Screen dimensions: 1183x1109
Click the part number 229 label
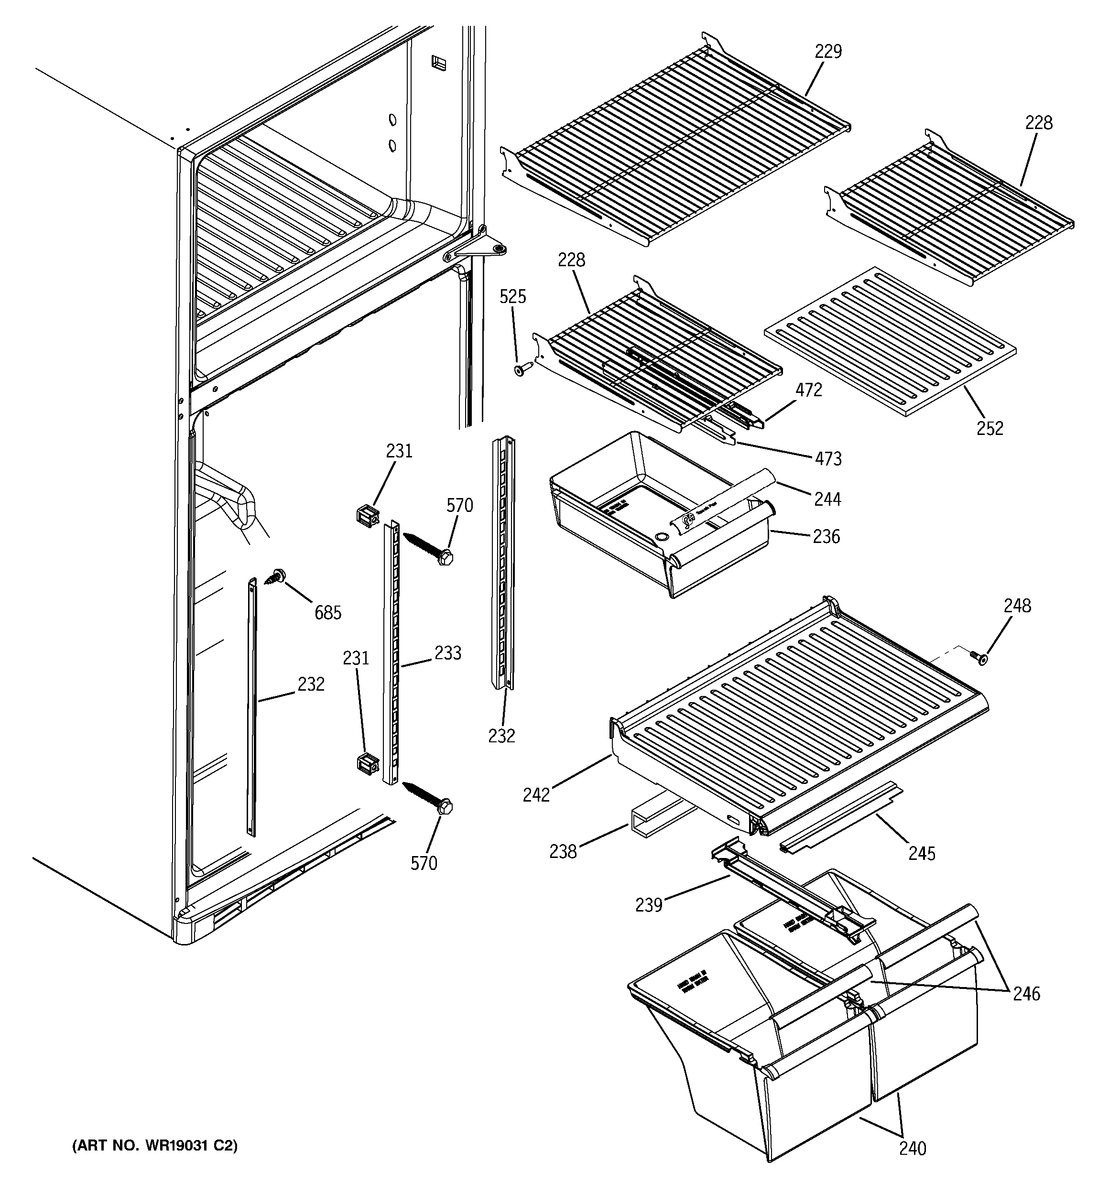828,52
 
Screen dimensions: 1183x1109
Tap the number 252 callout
989,428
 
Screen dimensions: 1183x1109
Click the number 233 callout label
447,653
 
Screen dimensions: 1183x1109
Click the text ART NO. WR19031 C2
155,1146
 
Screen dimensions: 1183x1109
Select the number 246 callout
1026,994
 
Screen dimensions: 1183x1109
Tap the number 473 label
828,459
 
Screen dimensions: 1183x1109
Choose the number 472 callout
808,390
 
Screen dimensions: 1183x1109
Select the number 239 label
648,905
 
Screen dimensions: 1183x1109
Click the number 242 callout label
536,794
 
